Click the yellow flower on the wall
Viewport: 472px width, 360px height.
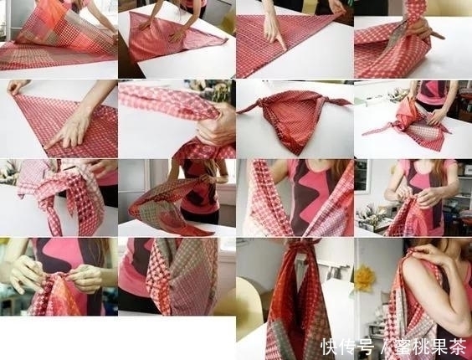tap(365, 278)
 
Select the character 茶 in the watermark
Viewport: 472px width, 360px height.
tap(459, 347)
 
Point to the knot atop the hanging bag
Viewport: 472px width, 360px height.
tap(301, 244)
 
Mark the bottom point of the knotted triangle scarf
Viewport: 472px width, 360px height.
tap(298, 154)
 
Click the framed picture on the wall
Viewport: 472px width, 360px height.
tap(362, 177)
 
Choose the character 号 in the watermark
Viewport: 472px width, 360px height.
tap(364, 347)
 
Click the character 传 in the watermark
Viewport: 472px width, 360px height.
tap(347, 347)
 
